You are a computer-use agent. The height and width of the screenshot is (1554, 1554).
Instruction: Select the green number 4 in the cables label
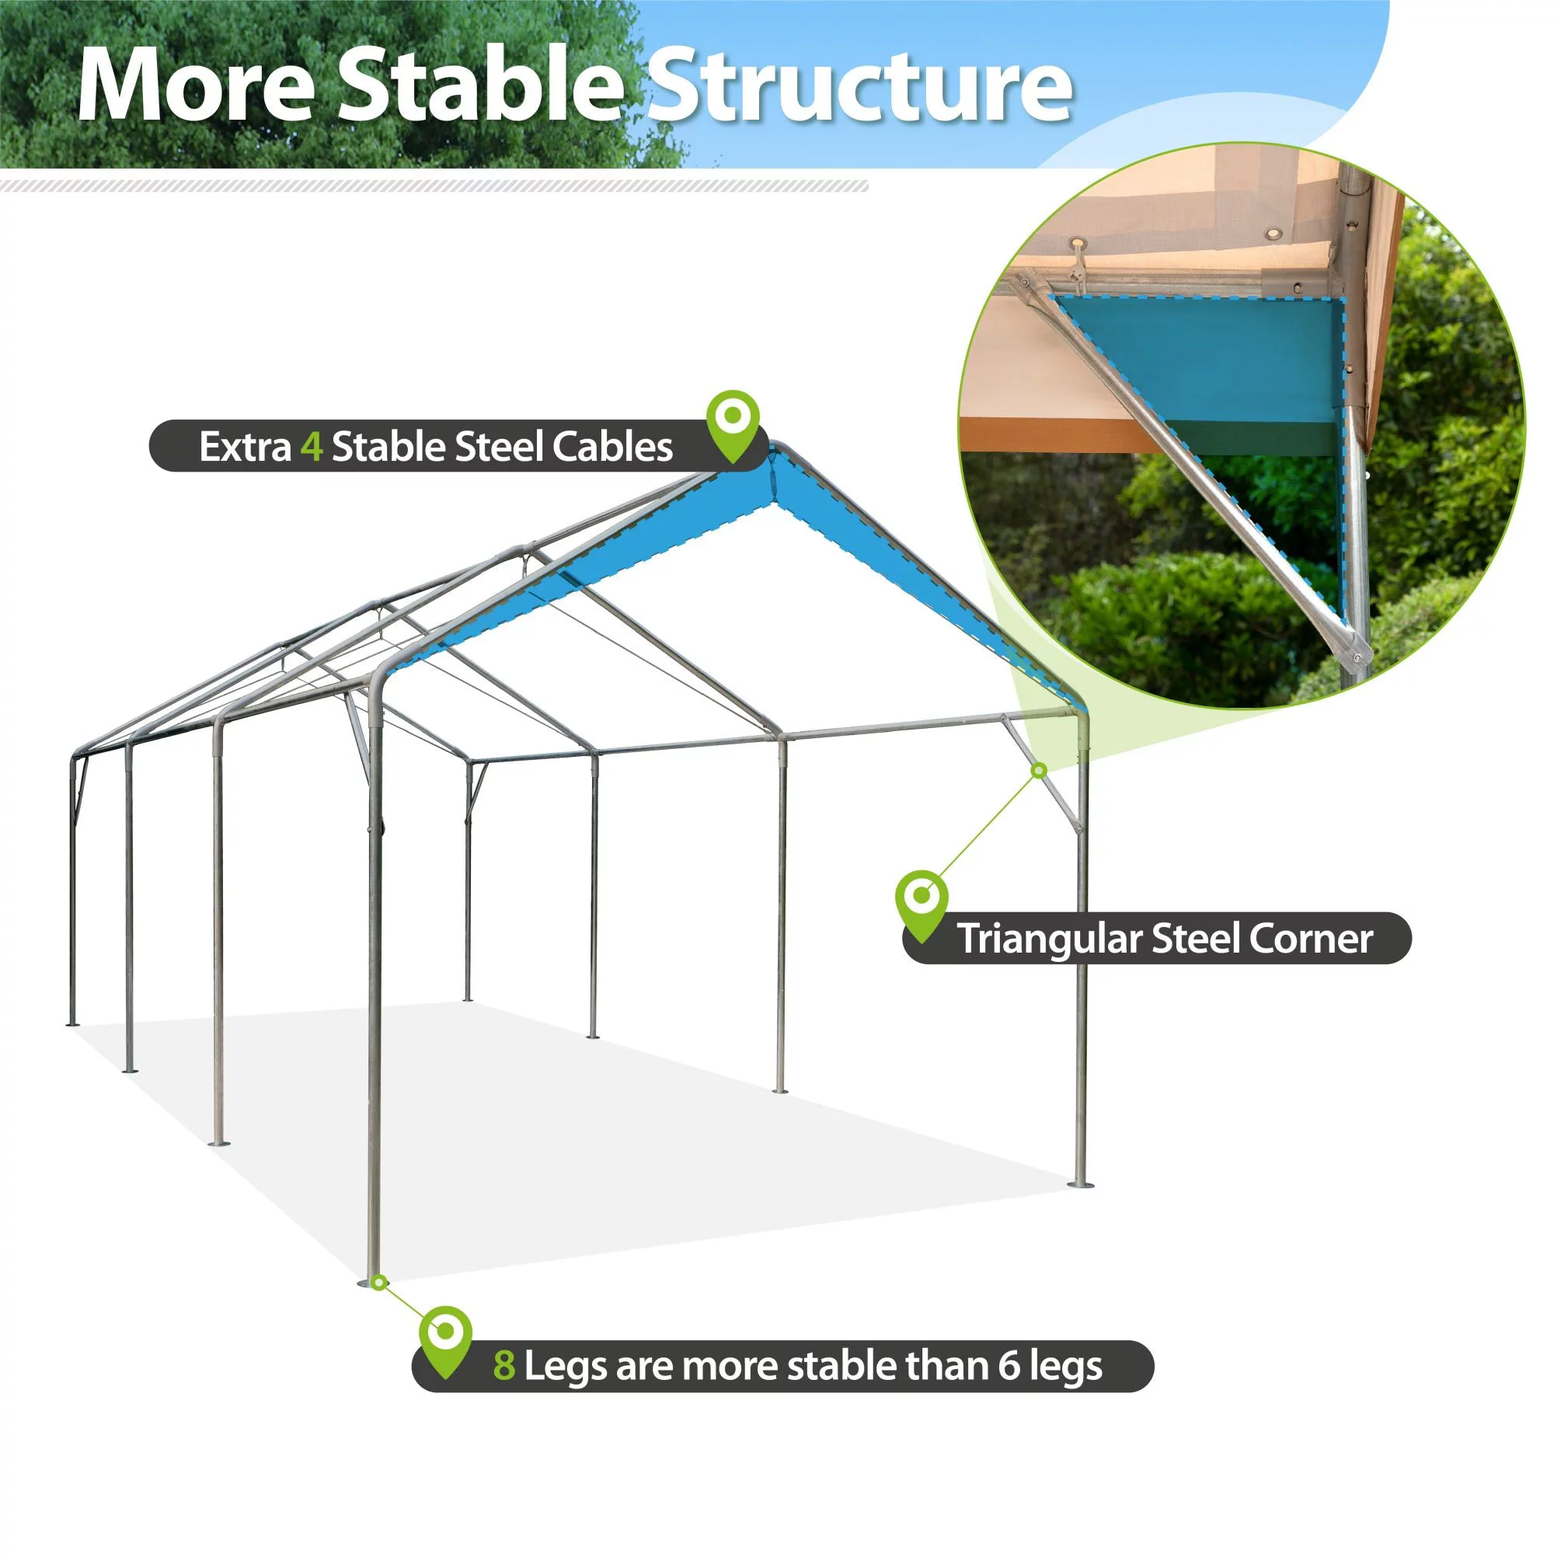click(x=312, y=448)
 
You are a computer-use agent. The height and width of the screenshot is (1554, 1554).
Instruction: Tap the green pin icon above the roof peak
click(x=732, y=426)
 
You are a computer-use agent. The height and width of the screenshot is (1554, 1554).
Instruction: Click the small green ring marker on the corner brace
click(x=1038, y=771)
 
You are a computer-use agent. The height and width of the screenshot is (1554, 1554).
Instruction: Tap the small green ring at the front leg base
click(x=379, y=1282)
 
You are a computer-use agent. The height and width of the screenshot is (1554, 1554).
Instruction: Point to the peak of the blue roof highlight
click(x=772, y=449)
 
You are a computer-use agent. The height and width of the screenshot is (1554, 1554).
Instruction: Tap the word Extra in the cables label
click(x=246, y=448)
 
